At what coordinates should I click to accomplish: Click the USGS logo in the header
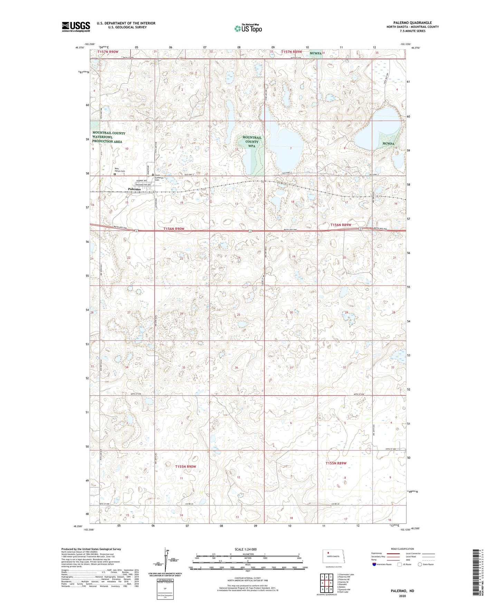tap(76, 27)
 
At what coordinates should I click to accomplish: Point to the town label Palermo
tap(134, 189)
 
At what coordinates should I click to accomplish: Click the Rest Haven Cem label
tap(119, 170)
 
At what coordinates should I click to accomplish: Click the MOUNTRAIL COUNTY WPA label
tap(252, 142)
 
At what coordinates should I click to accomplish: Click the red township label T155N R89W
tap(336, 463)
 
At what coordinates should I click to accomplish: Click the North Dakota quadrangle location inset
tap(334, 557)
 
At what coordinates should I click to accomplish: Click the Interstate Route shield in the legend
tap(375, 564)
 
